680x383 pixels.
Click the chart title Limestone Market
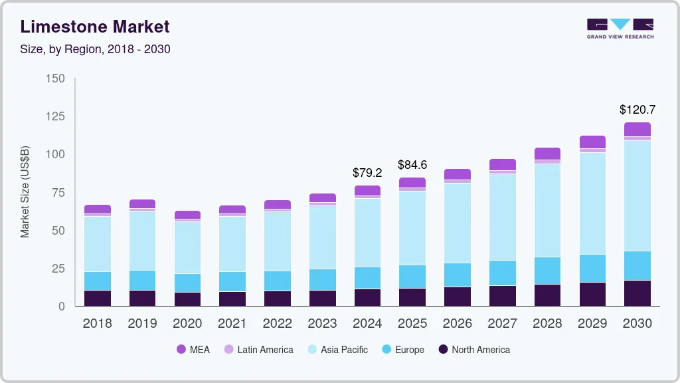click(x=95, y=27)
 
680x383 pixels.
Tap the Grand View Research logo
click(x=620, y=29)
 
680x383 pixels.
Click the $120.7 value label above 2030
click(x=637, y=109)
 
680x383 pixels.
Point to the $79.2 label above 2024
click(x=367, y=173)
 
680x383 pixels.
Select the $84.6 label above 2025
click(x=412, y=164)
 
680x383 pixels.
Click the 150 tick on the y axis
click(x=56, y=78)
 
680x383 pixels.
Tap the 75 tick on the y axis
click(x=58, y=193)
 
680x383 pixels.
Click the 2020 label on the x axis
click(x=187, y=324)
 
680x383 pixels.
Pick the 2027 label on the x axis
click(x=502, y=324)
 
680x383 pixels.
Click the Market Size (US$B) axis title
click(x=25, y=192)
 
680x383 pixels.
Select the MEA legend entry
click(x=193, y=350)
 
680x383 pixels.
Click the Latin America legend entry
click(x=258, y=350)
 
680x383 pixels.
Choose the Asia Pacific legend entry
click(x=337, y=350)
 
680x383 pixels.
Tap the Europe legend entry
click(x=402, y=350)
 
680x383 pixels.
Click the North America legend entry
click(x=473, y=350)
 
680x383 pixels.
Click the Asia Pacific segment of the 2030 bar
click(x=637, y=195)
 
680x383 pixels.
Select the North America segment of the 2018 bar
click(x=97, y=298)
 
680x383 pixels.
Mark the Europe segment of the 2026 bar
click(x=458, y=275)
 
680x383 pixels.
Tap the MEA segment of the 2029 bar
click(x=592, y=142)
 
